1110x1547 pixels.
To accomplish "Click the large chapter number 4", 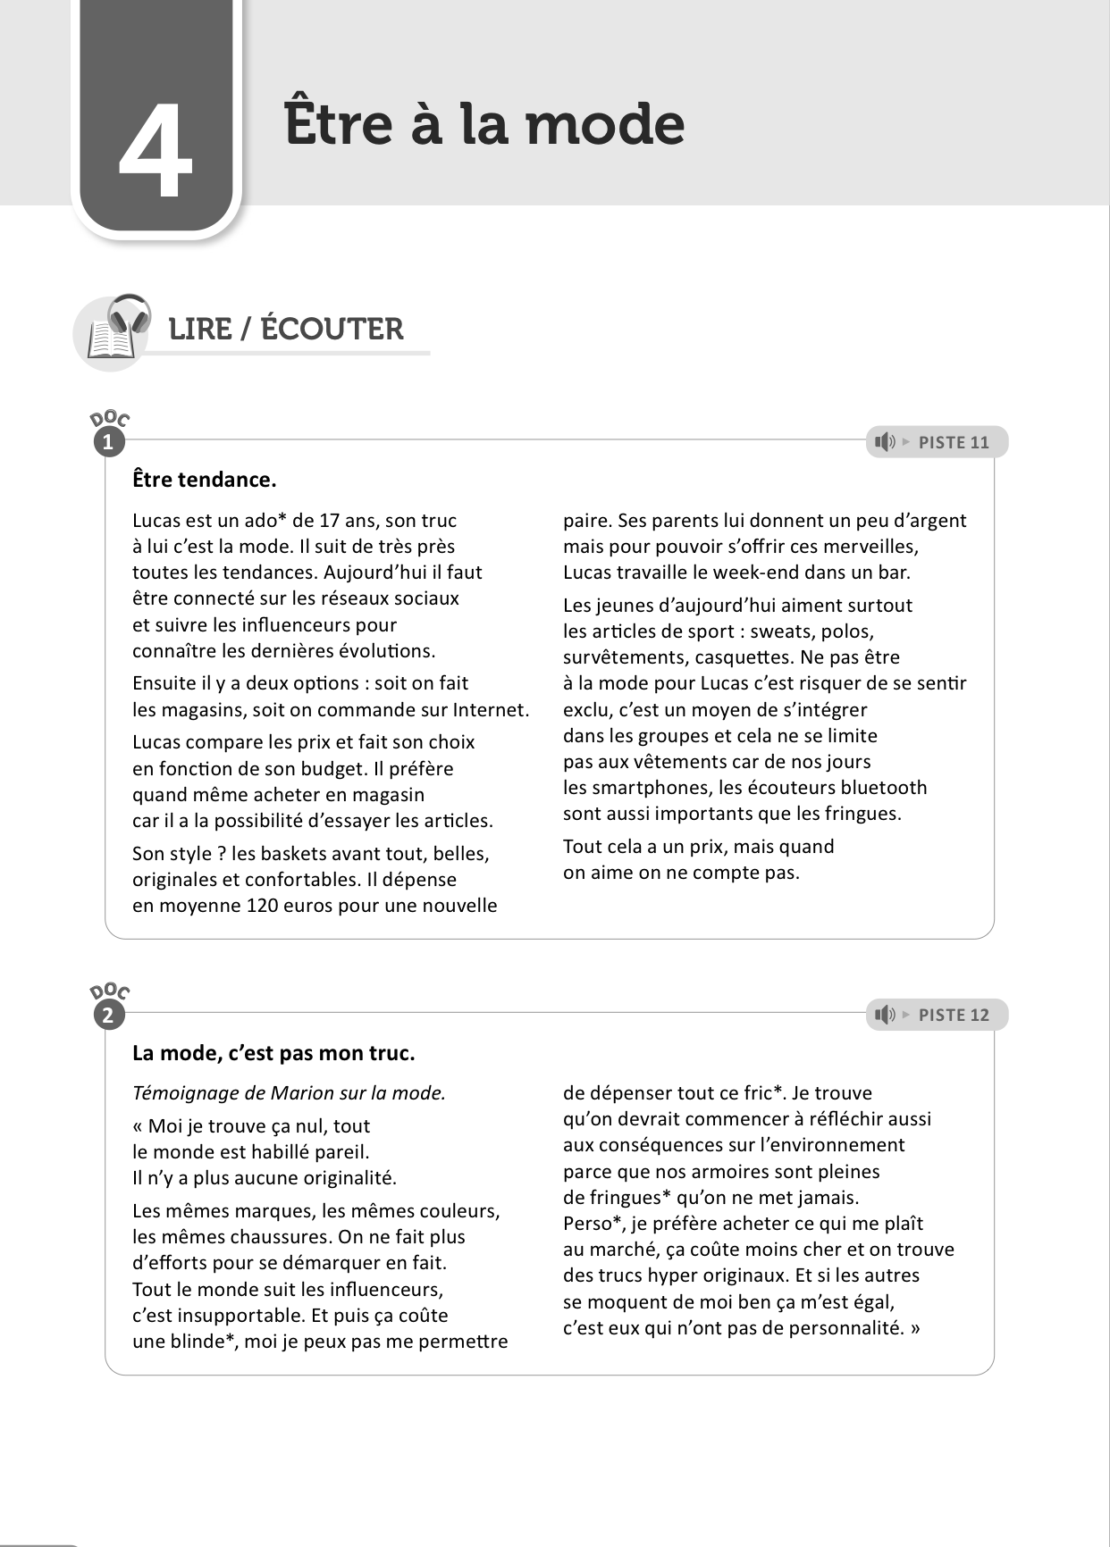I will click(x=156, y=151).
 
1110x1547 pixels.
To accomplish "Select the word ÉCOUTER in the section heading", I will click(x=332, y=329).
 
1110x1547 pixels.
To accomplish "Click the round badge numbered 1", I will click(x=109, y=442).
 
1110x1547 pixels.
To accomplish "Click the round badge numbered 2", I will click(x=109, y=1015).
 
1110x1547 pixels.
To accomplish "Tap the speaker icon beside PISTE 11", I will click(x=885, y=442).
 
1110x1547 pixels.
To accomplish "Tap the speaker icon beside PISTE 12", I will click(x=885, y=1015).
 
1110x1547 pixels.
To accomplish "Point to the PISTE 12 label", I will click(x=954, y=1015).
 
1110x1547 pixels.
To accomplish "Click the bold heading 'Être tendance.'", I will click(x=205, y=480).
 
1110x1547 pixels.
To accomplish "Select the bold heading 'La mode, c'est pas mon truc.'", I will click(x=273, y=1053).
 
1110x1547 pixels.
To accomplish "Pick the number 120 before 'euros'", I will click(x=250, y=906).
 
